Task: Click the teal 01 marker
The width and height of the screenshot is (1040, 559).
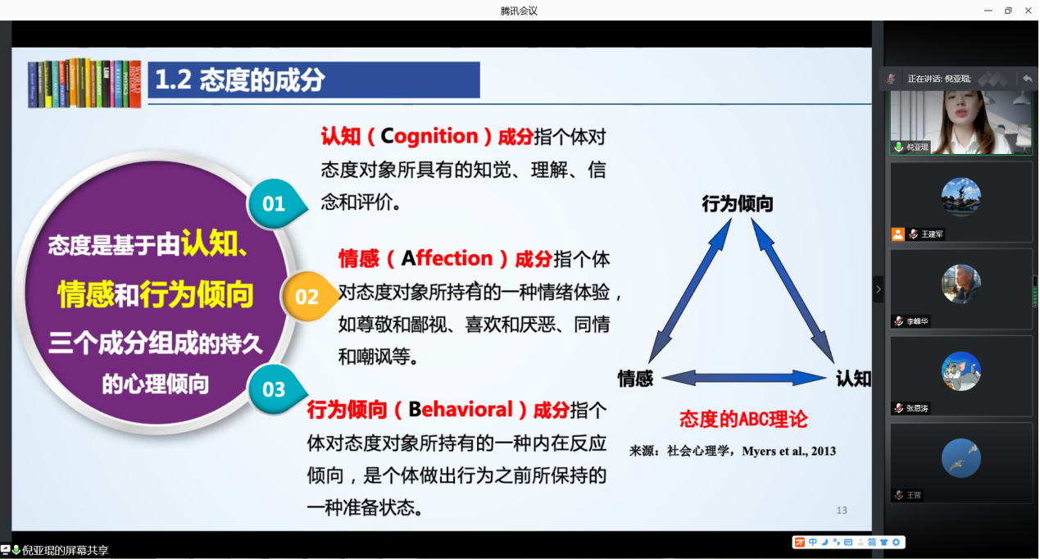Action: click(275, 203)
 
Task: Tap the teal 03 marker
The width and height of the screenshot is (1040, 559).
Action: click(275, 389)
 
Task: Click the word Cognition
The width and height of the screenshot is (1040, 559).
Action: click(429, 137)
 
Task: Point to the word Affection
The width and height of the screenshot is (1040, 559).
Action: click(447, 258)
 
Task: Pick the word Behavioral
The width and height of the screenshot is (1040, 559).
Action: click(460, 410)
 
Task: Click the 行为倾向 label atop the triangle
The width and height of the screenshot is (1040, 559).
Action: click(738, 203)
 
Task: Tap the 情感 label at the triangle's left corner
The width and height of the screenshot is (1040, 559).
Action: click(635, 379)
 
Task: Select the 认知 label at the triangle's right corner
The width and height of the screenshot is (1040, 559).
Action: click(853, 379)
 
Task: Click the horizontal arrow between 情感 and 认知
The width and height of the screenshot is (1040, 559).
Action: click(744, 378)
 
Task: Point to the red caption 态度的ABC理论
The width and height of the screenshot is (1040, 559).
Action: click(743, 420)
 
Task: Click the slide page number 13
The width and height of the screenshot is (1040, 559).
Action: click(842, 511)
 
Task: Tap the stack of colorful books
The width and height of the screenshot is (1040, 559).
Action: click(84, 83)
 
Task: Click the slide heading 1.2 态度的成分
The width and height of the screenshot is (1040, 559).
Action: click(239, 80)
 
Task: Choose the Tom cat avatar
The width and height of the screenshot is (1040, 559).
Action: click(961, 371)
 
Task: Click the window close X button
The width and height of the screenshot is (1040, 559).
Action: click(1028, 10)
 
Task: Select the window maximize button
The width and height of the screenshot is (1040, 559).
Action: click(1008, 10)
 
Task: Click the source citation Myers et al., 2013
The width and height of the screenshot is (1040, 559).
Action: click(789, 451)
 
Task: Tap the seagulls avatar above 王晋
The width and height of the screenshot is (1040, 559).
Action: click(961, 458)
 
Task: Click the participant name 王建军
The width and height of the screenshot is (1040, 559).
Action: click(932, 234)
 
